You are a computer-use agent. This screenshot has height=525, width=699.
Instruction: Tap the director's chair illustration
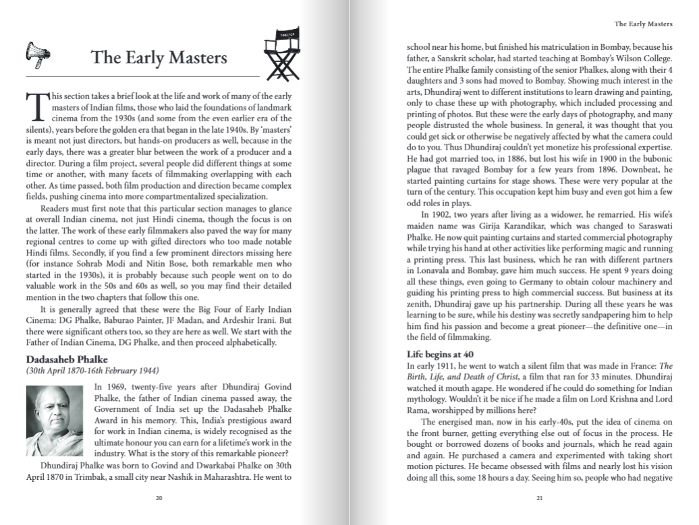click(281, 55)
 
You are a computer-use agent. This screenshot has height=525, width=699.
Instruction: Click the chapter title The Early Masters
click(159, 57)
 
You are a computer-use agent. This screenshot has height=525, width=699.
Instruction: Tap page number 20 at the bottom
click(159, 499)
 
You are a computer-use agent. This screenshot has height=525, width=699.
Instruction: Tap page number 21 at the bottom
click(539, 499)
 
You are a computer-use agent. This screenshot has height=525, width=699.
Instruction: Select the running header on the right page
click(643, 24)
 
